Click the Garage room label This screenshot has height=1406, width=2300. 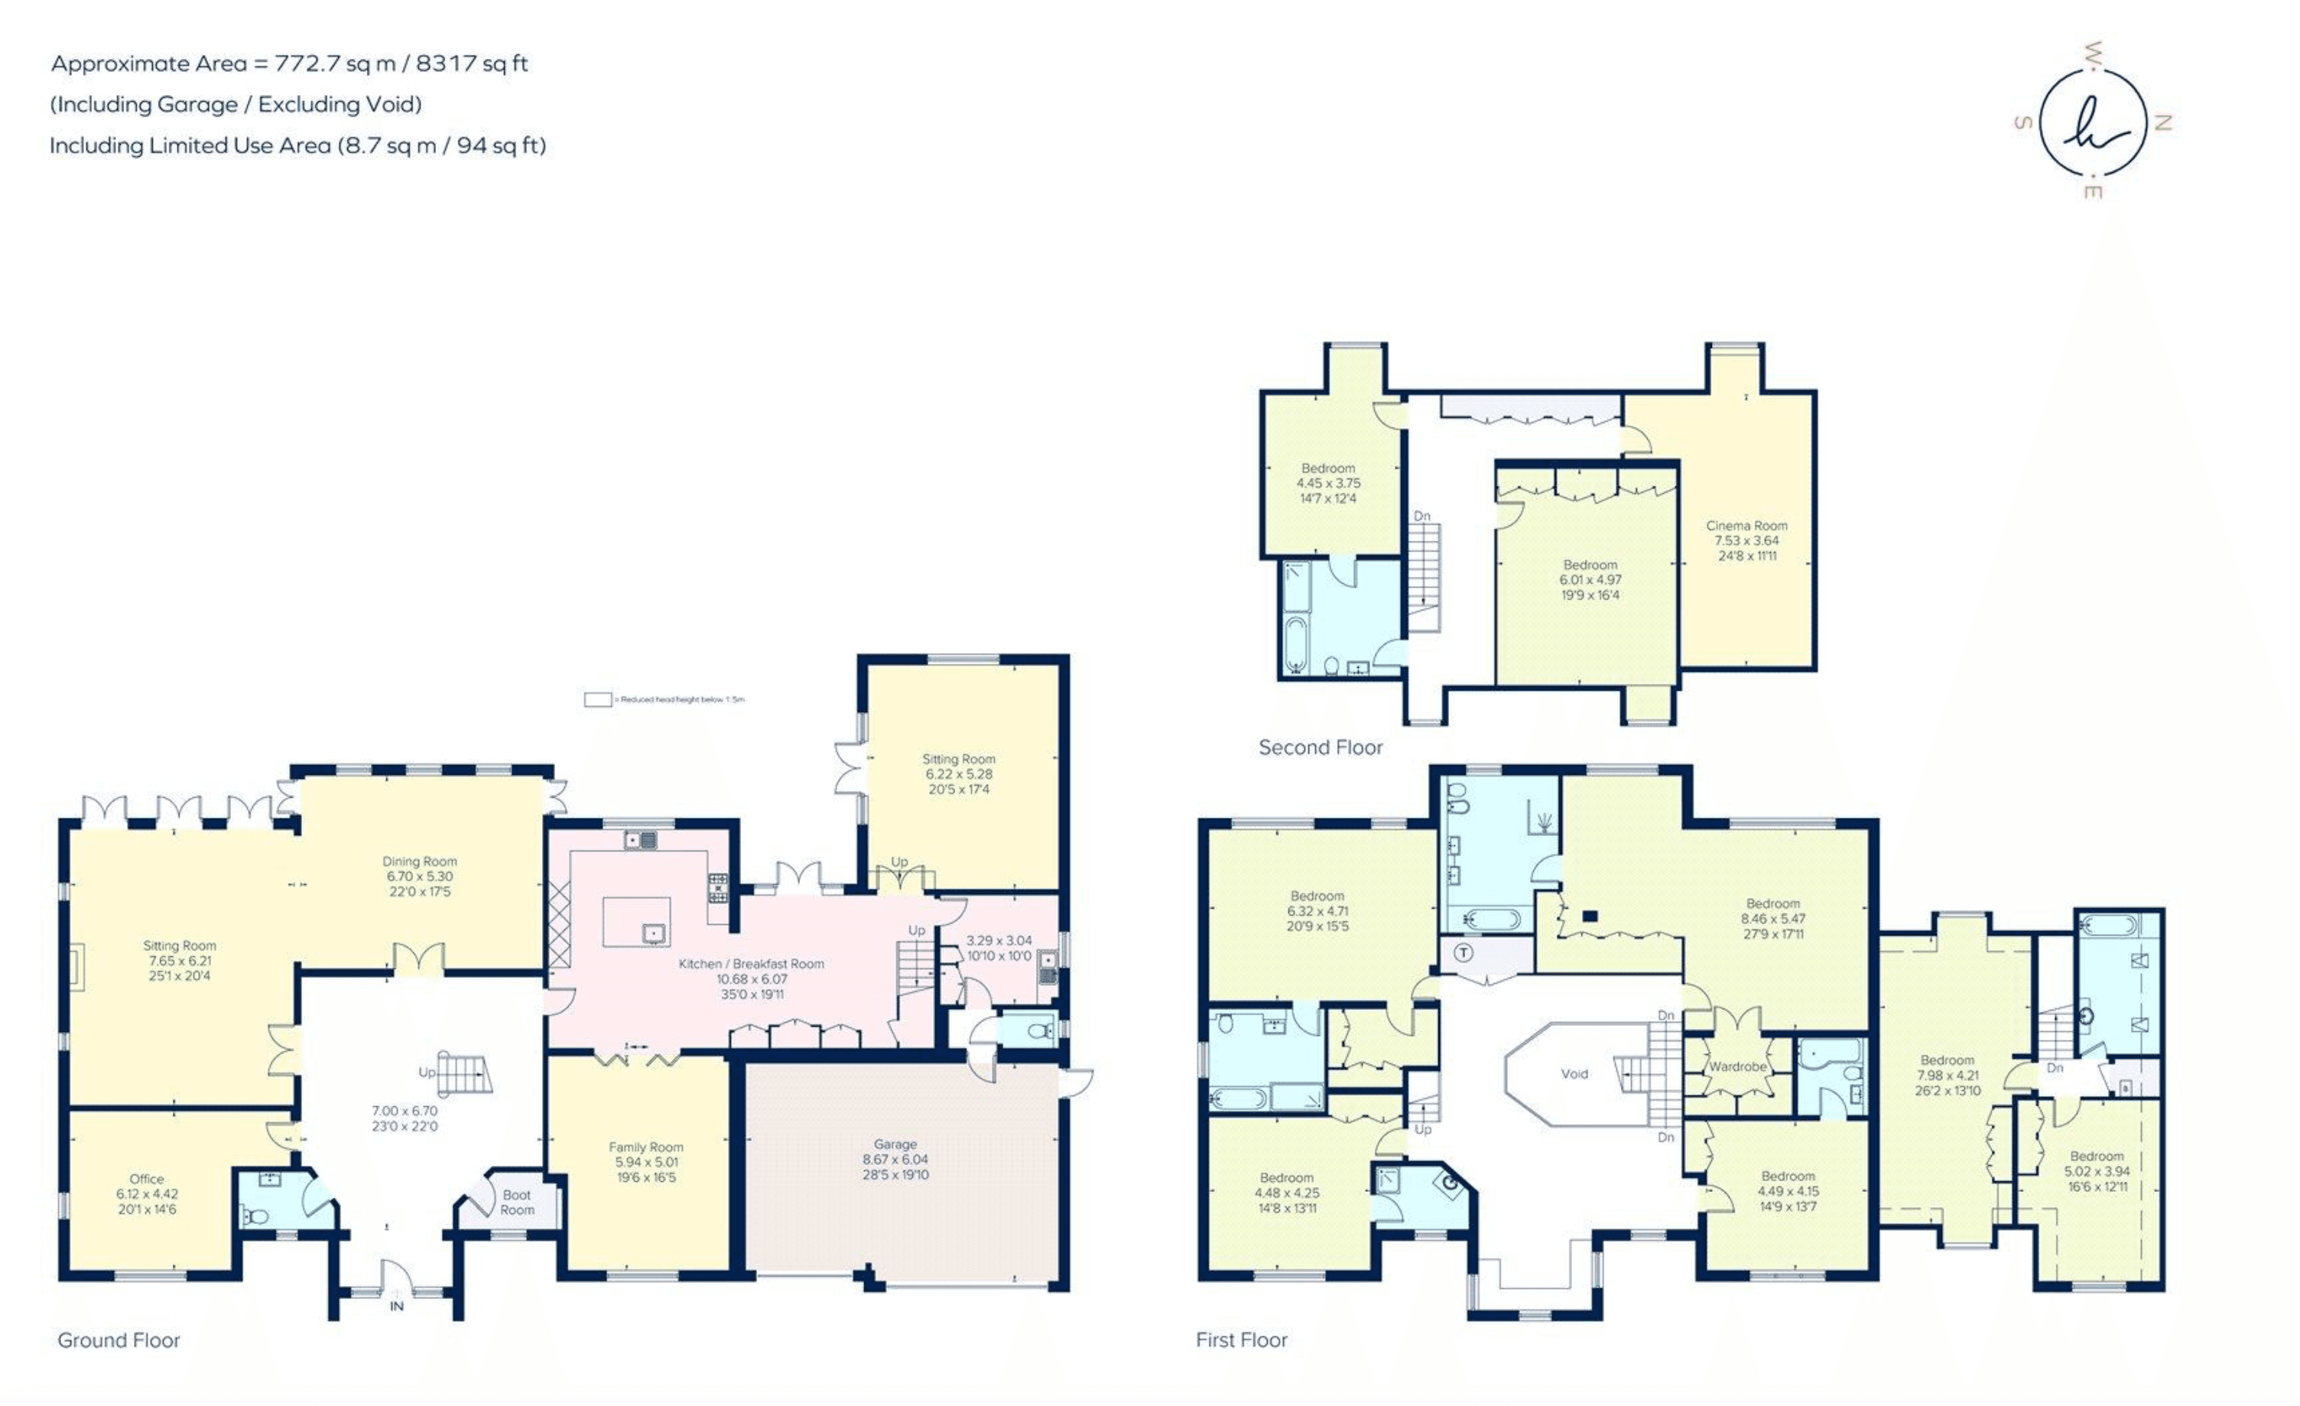coord(895,1144)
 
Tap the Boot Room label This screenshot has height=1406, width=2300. coord(516,1203)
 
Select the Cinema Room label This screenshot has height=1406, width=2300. coord(1746,526)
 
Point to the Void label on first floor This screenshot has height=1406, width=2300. coord(1574,1074)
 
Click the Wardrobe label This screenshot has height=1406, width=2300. coord(1737,1066)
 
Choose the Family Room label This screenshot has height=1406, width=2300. coord(646,1147)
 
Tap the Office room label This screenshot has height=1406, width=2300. coord(147,1179)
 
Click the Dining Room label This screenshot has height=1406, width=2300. coord(419,861)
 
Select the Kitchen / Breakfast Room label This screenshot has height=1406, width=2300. coord(751,964)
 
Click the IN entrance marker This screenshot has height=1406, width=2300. coord(397,1306)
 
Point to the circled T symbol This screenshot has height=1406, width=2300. coord(1463,953)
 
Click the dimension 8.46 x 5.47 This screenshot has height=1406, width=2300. coord(1772,919)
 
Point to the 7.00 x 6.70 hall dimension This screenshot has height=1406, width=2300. coord(404,1111)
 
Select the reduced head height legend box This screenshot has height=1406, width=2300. coord(597,699)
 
